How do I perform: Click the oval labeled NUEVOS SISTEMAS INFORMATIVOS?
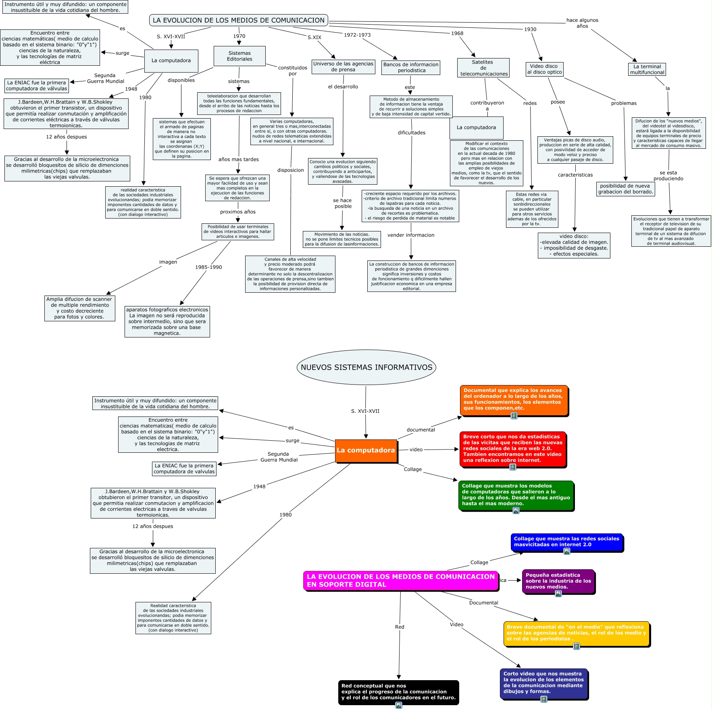(366, 367)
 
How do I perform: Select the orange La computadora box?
(366, 450)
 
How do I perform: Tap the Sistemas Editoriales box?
(239, 56)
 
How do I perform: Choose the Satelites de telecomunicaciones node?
(483, 68)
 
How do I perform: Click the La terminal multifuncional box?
(647, 69)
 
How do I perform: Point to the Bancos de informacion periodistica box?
(410, 67)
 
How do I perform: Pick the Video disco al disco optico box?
(544, 69)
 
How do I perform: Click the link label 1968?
(457, 33)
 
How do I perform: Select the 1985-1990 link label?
(208, 267)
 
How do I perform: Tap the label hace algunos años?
(582, 23)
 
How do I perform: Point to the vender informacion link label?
(411, 235)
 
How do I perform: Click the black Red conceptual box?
(398, 691)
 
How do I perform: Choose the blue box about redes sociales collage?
(566, 541)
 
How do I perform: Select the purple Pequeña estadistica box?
(558, 581)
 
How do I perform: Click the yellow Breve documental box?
(576, 633)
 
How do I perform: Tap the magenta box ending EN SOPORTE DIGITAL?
(400, 581)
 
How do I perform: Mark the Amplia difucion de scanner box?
(79, 308)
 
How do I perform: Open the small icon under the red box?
(513, 467)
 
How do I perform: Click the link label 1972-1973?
(357, 35)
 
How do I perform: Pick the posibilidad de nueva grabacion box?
(625, 189)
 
